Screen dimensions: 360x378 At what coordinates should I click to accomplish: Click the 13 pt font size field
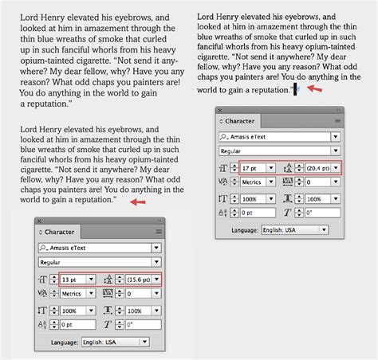click(73, 279)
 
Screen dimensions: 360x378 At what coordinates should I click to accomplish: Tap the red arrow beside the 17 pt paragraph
click(317, 89)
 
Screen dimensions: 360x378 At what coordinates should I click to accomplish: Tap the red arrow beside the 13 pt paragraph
click(138, 202)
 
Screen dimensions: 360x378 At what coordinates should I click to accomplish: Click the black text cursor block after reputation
click(296, 90)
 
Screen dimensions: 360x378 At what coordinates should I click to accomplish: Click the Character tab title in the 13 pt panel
click(60, 232)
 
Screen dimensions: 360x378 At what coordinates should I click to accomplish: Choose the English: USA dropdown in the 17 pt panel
click(295, 230)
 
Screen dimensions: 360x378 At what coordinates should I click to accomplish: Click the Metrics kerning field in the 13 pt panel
click(73, 293)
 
